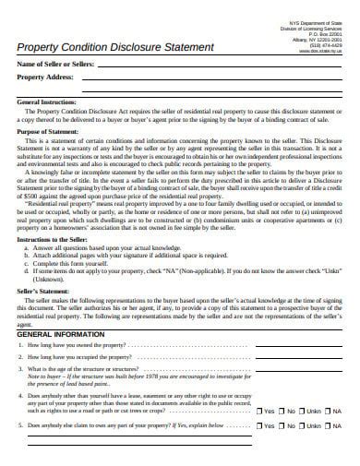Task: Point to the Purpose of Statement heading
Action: coord(52,157)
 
